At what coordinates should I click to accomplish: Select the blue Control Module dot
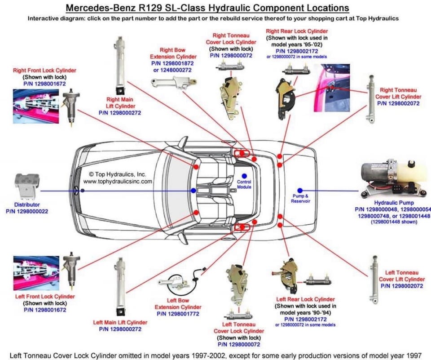click(244, 176)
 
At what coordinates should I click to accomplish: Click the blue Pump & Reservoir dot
click(300, 191)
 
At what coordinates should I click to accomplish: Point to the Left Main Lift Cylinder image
click(120, 287)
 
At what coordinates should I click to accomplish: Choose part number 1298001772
click(178, 314)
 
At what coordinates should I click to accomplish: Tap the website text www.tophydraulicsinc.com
click(118, 182)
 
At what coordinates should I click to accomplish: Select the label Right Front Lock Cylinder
click(44, 71)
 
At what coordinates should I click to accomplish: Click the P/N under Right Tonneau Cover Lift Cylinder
click(398, 103)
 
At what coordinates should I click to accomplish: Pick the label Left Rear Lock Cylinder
click(305, 299)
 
